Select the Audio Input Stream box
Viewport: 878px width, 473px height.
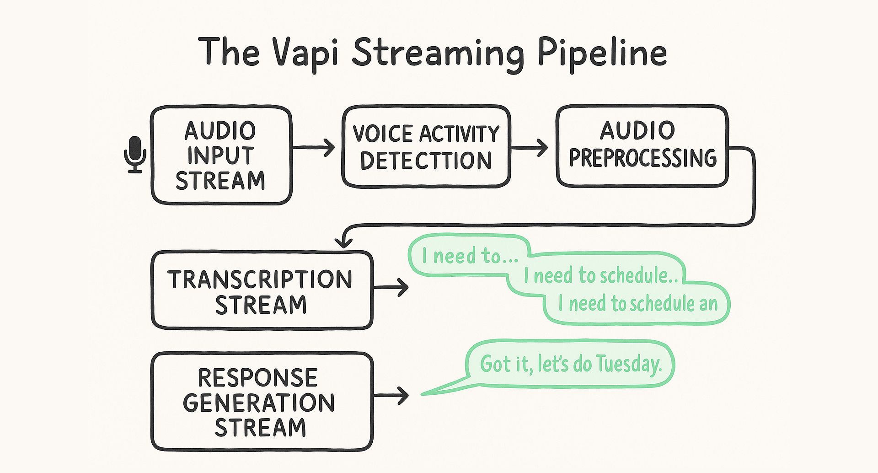click(x=221, y=155)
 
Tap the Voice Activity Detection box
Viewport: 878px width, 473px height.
click(x=426, y=146)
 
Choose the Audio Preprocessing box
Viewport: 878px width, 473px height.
click(x=642, y=145)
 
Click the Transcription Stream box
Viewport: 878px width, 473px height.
click(x=262, y=290)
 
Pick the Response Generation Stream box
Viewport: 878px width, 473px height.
click(x=262, y=401)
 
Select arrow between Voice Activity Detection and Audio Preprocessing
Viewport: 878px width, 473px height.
click(x=530, y=147)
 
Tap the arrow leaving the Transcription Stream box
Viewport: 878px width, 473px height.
click(x=391, y=288)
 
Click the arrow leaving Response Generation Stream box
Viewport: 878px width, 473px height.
click(x=391, y=395)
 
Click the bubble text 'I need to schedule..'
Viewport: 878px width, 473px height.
click(x=600, y=275)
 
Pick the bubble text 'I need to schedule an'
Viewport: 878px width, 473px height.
click(x=638, y=304)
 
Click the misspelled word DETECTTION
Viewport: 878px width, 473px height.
click(x=426, y=161)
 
